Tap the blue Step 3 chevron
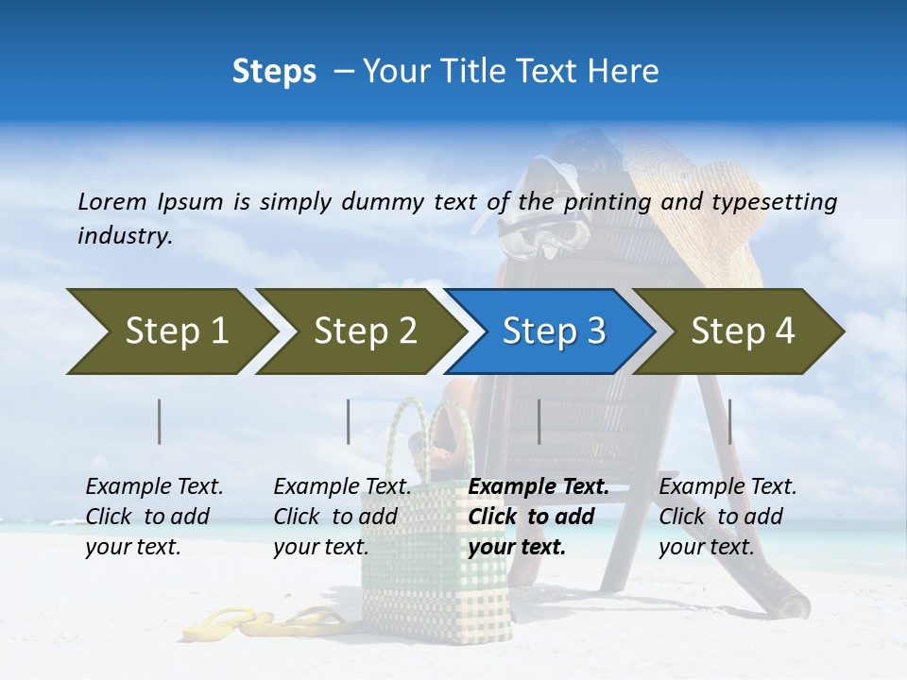click(550, 331)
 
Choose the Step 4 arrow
click(740, 331)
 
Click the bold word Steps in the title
click(274, 72)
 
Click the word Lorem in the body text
click(112, 201)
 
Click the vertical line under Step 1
click(160, 421)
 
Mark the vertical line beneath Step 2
click(349, 421)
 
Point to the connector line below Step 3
click(539, 421)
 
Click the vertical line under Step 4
click(728, 421)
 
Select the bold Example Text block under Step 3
click(537, 517)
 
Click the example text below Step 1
click(153, 517)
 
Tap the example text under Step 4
click(727, 517)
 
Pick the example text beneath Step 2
click(341, 517)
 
